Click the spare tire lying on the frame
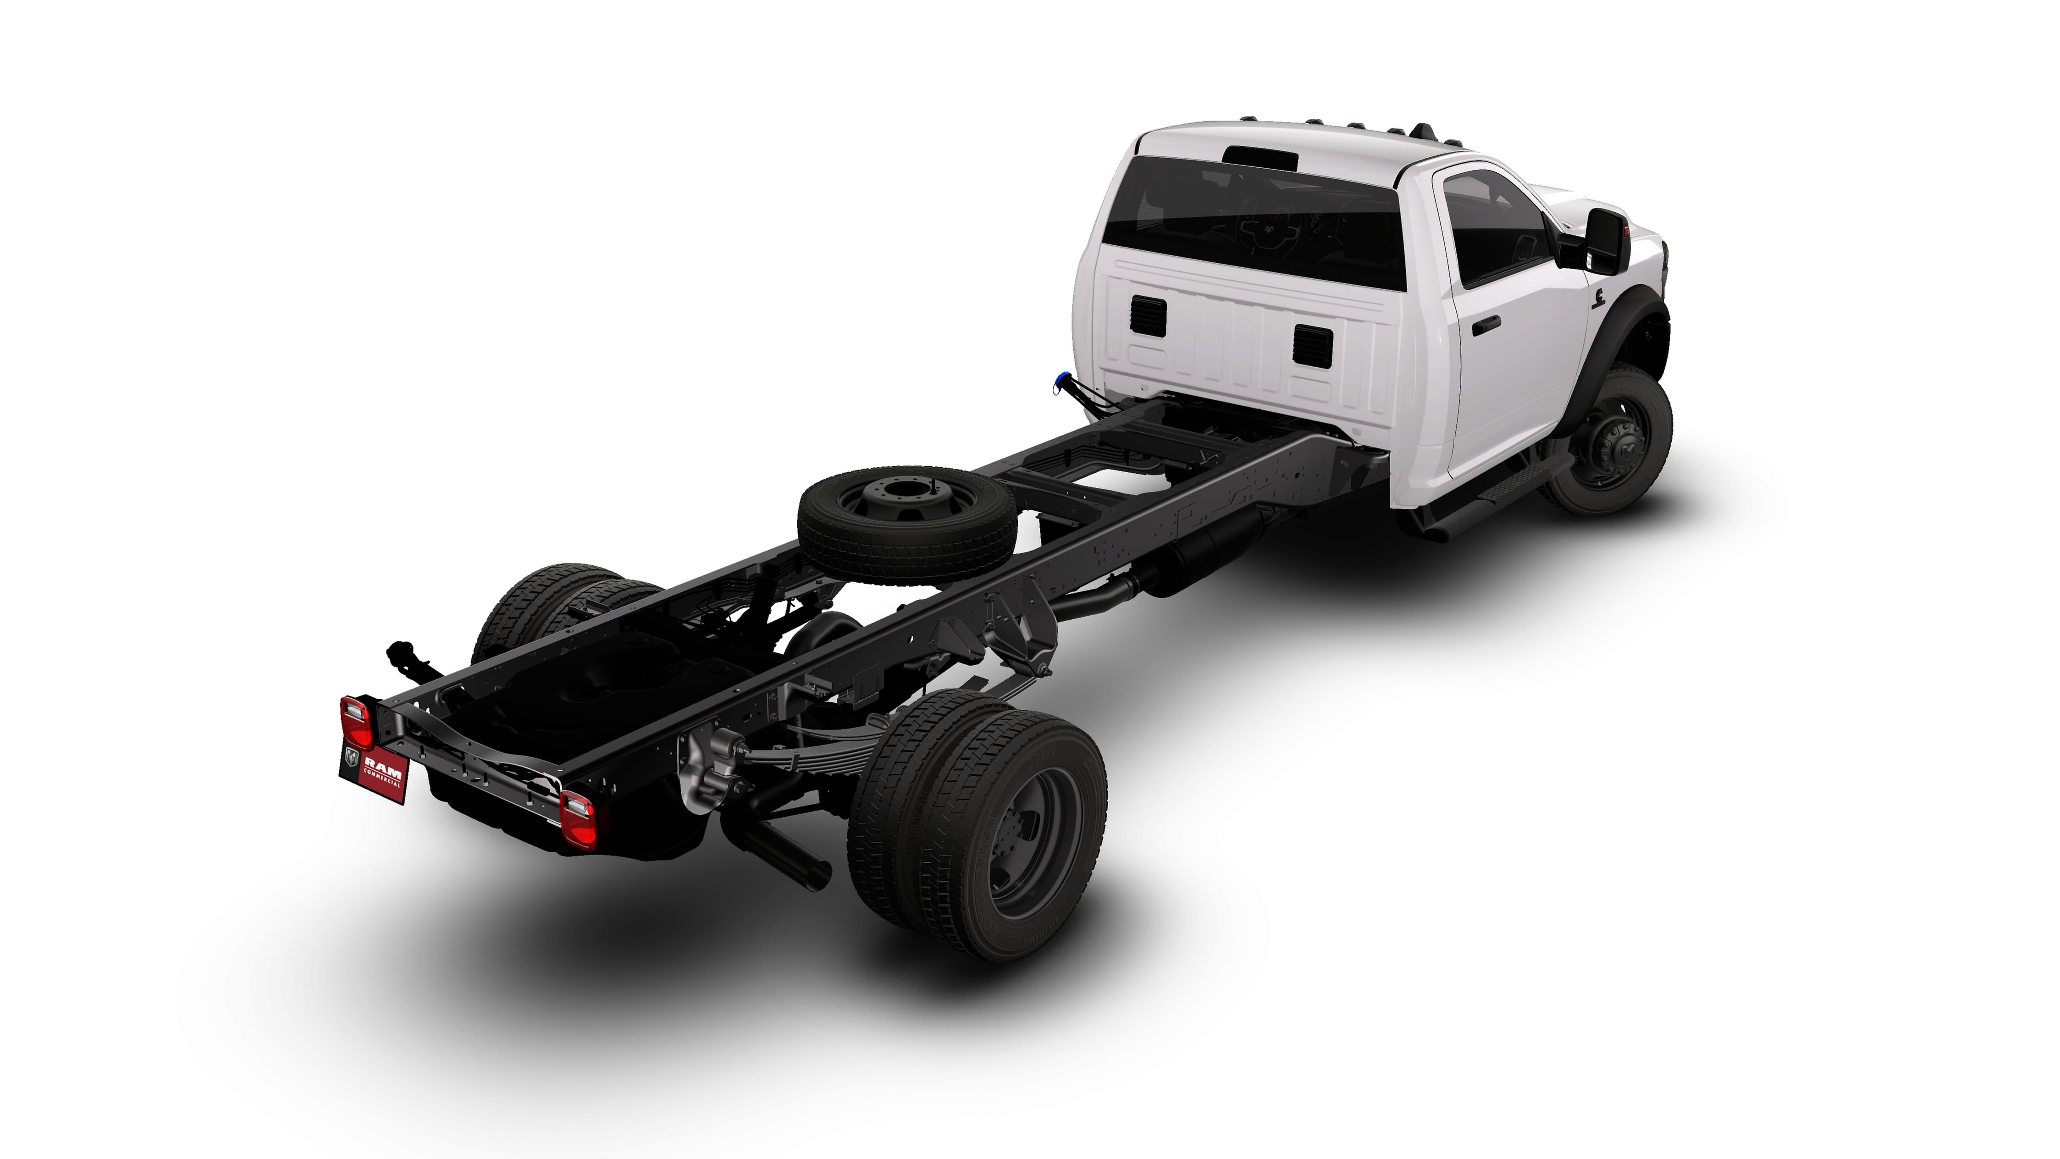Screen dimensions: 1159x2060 (x=908, y=524)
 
